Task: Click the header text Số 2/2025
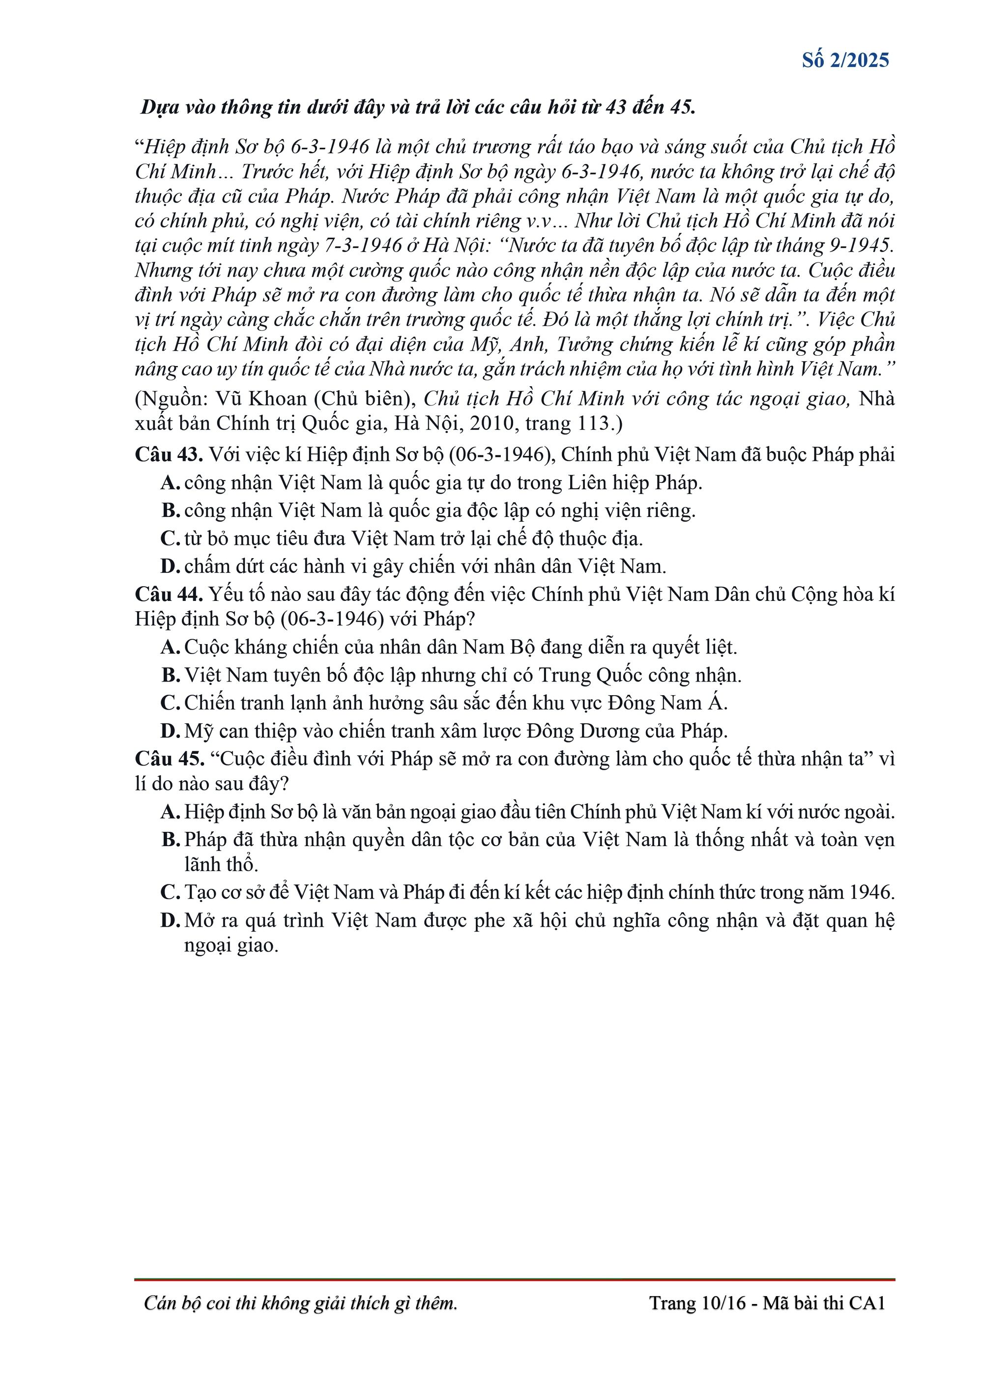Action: click(x=845, y=60)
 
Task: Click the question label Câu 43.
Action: click(x=169, y=454)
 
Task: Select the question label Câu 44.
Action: click(x=169, y=595)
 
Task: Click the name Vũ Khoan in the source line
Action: click(x=261, y=399)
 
